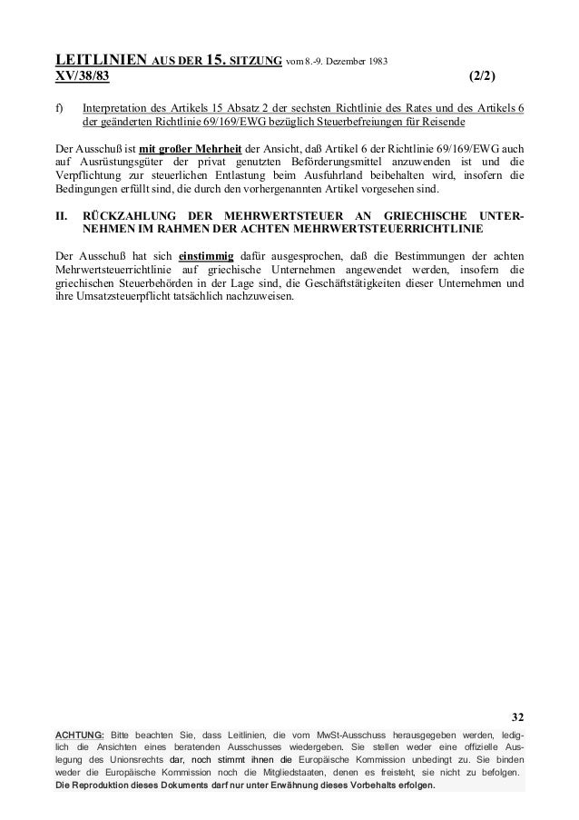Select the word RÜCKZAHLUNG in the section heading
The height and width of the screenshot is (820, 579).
coord(127,215)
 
